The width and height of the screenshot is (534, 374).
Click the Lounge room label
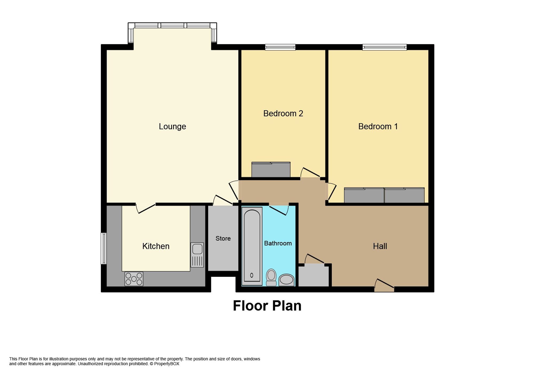(172, 126)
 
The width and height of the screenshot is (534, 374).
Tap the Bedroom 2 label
(283, 114)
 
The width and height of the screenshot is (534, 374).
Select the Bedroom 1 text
(378, 126)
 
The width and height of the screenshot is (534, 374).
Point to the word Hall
(380, 246)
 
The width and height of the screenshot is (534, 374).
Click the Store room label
(223, 238)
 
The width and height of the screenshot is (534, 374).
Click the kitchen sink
(197, 255)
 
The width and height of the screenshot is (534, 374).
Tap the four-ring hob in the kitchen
(134, 279)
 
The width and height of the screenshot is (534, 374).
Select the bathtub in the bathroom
(252, 246)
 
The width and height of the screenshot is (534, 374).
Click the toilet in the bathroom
(271, 277)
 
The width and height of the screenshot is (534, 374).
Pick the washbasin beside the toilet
(286, 280)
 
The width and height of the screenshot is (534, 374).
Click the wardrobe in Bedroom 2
(271, 170)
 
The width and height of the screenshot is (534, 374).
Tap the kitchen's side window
(104, 248)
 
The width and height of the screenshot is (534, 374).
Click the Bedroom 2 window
(280, 47)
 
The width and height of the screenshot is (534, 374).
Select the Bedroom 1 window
(384, 47)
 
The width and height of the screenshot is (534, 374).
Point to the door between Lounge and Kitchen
(146, 208)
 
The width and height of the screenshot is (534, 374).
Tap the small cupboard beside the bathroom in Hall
(313, 276)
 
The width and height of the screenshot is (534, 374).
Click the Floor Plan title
(267, 306)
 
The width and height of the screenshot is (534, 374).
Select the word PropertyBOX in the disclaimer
(167, 364)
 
